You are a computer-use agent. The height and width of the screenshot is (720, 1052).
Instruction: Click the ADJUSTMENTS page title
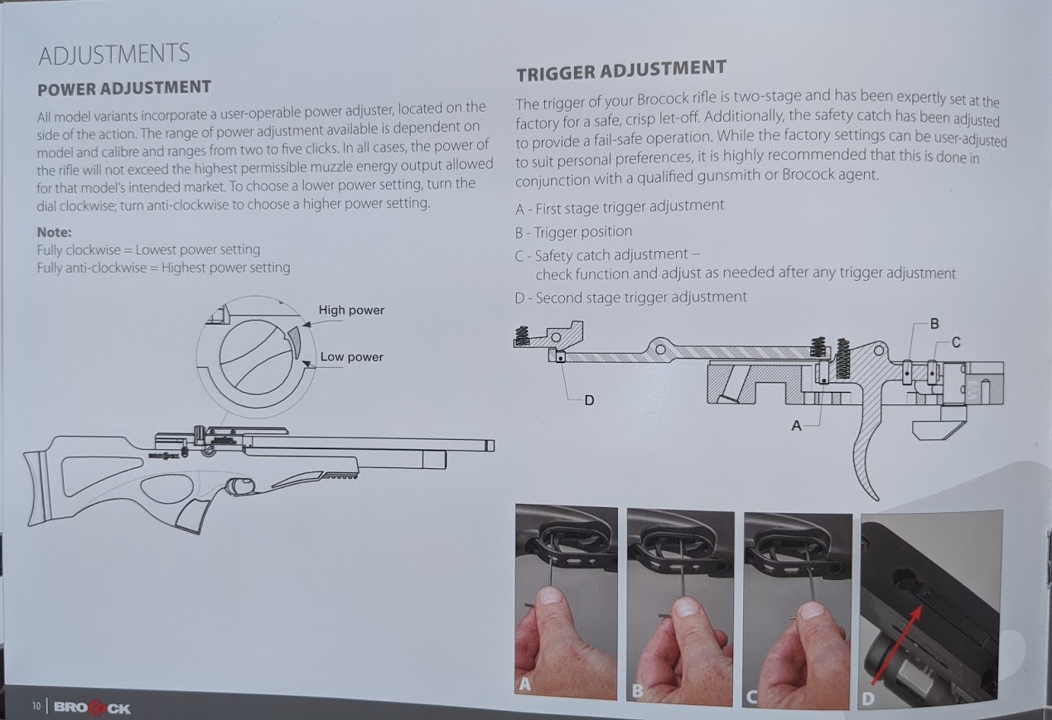[114, 54]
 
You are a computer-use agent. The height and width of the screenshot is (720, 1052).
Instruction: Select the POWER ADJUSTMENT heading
[124, 88]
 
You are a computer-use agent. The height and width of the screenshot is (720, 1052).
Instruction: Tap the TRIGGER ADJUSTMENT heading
[621, 70]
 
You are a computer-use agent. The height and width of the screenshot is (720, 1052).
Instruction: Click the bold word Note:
[55, 232]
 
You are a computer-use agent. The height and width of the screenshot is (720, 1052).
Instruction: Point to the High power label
[351, 310]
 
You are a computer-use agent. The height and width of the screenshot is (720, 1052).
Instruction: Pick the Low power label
[352, 357]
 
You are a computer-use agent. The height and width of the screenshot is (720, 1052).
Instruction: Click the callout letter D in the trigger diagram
[589, 400]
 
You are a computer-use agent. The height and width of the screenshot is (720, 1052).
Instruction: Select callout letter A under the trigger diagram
[796, 426]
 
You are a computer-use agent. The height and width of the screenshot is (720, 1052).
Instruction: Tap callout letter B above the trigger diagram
[934, 324]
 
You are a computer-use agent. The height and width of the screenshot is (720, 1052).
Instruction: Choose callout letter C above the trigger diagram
[956, 343]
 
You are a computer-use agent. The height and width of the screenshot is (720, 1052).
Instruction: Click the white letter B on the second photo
[637, 690]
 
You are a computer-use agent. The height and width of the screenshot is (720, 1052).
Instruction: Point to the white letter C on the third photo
[751, 697]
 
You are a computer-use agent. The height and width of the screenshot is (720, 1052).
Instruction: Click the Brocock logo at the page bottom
[93, 708]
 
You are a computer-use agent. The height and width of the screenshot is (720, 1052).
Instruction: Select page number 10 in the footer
[36, 707]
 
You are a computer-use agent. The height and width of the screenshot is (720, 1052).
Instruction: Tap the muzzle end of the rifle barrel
[490, 445]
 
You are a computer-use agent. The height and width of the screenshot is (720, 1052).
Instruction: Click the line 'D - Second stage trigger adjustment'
[630, 297]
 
